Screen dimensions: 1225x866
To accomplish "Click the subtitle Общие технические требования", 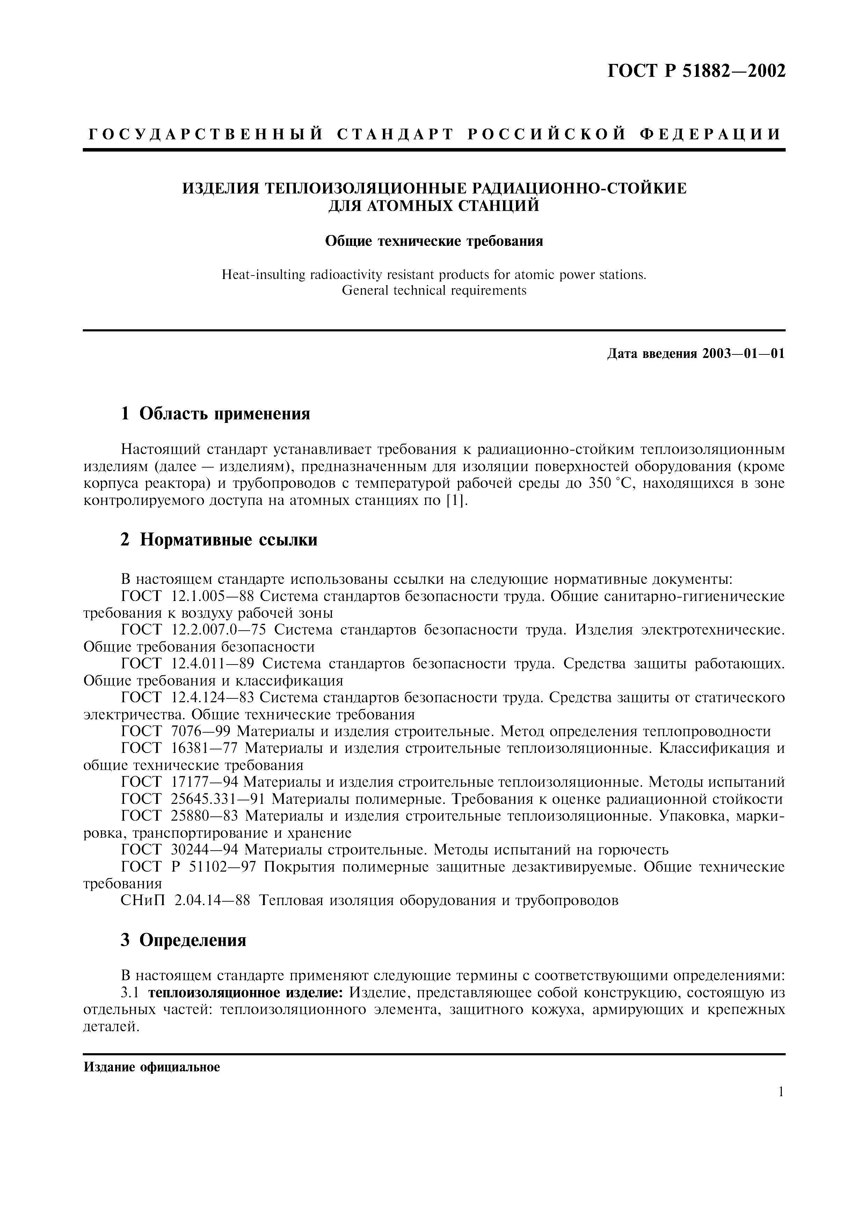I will tap(434, 242).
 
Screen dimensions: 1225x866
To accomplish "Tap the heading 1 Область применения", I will tap(216, 413).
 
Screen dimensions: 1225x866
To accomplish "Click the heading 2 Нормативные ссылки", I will tap(219, 540).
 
